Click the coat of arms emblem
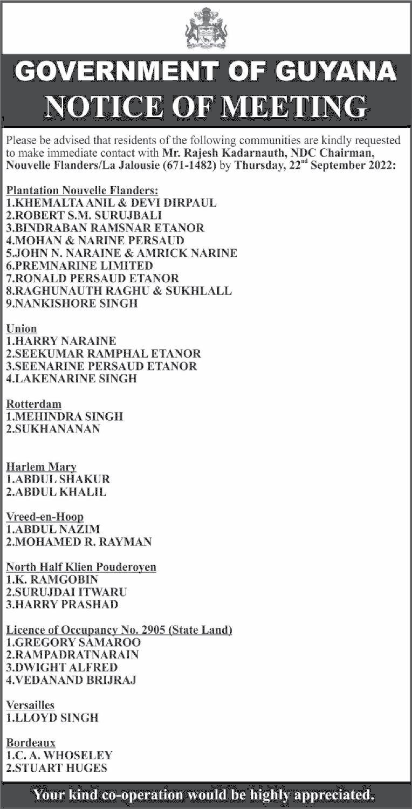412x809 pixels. pos(206,29)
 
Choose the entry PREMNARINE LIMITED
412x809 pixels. pos(80,266)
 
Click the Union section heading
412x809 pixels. pos(22,328)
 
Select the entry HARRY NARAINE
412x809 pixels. pos(61,341)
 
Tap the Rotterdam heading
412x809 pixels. pos(33,404)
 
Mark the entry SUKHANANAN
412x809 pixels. pos(53,429)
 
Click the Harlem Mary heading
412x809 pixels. pos(42,467)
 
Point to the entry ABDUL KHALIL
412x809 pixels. pos(57,492)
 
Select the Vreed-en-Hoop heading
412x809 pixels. pos(45,517)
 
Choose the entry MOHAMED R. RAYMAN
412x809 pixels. pos(79,541)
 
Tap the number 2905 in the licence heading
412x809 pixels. pos(160,629)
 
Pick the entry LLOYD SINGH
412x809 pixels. pos(52,718)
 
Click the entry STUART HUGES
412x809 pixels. pos(57,768)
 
